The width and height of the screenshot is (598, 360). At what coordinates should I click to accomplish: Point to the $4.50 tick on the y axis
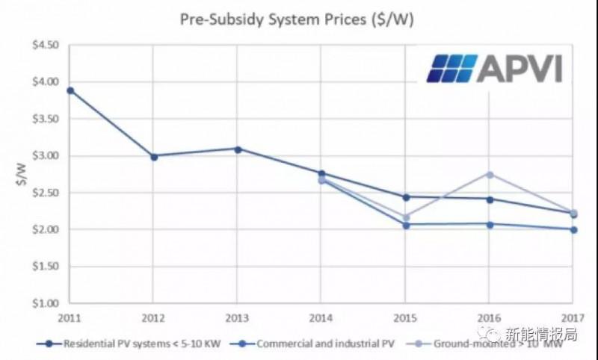[44, 46]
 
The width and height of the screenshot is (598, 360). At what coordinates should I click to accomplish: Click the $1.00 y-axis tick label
[44, 303]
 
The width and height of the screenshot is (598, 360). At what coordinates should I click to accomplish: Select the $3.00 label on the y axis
[44, 156]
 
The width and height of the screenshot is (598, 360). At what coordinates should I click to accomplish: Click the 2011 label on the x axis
[70, 317]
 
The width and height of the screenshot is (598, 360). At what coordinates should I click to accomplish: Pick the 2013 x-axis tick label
[237, 317]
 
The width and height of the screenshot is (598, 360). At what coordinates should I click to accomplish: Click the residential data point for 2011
[70, 90]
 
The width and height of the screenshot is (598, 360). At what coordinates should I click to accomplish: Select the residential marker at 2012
[154, 156]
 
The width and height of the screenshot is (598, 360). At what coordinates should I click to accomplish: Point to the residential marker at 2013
[238, 149]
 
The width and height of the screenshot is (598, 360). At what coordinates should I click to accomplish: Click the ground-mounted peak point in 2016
[490, 174]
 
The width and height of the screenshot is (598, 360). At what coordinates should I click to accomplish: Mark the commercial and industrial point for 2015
[406, 225]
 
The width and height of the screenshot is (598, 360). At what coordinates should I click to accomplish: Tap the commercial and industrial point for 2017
[573, 229]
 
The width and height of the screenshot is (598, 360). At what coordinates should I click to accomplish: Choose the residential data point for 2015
[406, 197]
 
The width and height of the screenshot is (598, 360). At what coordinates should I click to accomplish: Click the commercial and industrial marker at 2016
[490, 224]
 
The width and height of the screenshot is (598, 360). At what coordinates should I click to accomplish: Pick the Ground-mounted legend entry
[493, 344]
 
